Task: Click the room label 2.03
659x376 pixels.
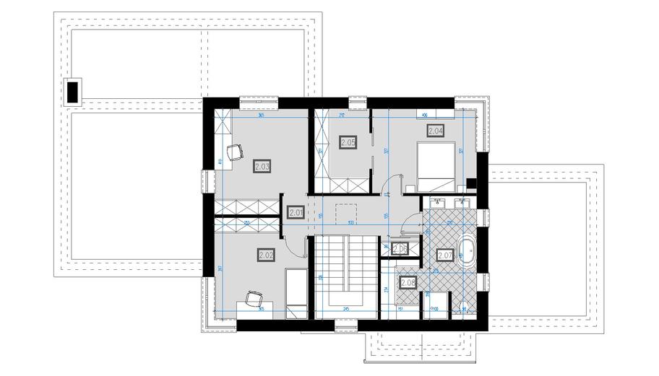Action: pyautogui.click(x=262, y=166)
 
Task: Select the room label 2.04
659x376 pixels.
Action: pyautogui.click(x=435, y=131)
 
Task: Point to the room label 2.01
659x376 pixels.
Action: pyautogui.click(x=295, y=212)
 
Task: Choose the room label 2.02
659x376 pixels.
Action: pyautogui.click(x=265, y=253)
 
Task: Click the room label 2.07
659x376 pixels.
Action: pyautogui.click(x=445, y=255)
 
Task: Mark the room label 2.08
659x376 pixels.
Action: pyautogui.click(x=408, y=284)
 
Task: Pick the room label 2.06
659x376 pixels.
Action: pyautogui.click(x=400, y=249)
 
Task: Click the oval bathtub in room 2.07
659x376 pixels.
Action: pyautogui.click(x=466, y=255)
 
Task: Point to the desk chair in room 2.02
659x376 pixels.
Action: pyautogui.click(x=252, y=298)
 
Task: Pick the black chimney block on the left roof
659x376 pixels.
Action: pyautogui.click(x=72, y=91)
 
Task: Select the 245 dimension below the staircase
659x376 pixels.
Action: pyautogui.click(x=346, y=309)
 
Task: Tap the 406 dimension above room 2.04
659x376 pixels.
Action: pyautogui.click(x=425, y=115)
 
